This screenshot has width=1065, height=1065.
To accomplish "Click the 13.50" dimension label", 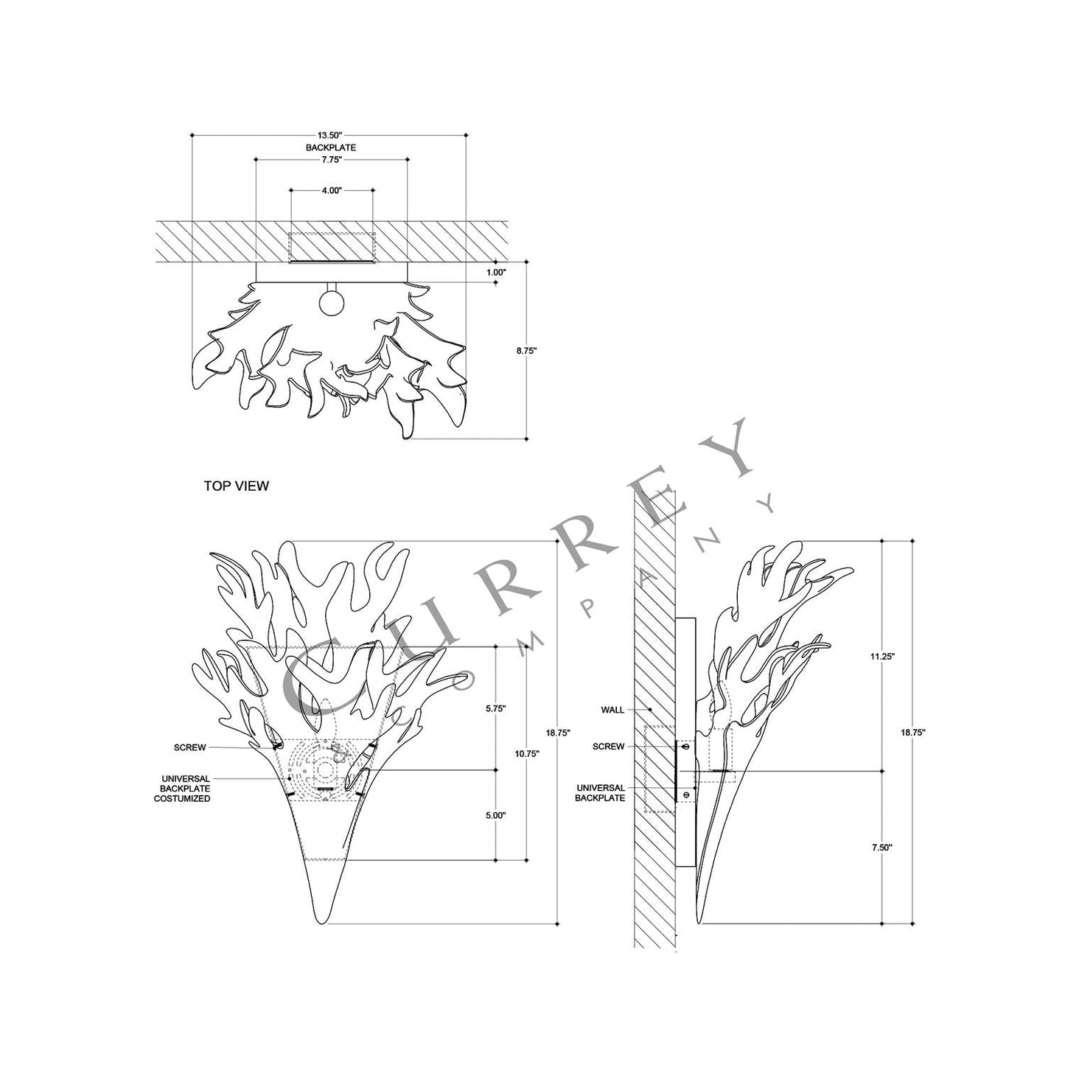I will [x=331, y=136].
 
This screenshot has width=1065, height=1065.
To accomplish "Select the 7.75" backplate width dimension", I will [x=331, y=159].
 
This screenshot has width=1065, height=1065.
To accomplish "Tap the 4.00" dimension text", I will [x=331, y=190].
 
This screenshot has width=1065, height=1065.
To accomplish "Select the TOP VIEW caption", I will [x=236, y=486].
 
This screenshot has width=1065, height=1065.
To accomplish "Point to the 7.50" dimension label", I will [x=881, y=848].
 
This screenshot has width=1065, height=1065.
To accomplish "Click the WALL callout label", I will [x=612, y=710].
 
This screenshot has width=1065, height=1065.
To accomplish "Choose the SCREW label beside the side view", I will [x=608, y=747].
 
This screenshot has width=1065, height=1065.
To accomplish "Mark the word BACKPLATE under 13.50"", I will [x=331, y=147].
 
